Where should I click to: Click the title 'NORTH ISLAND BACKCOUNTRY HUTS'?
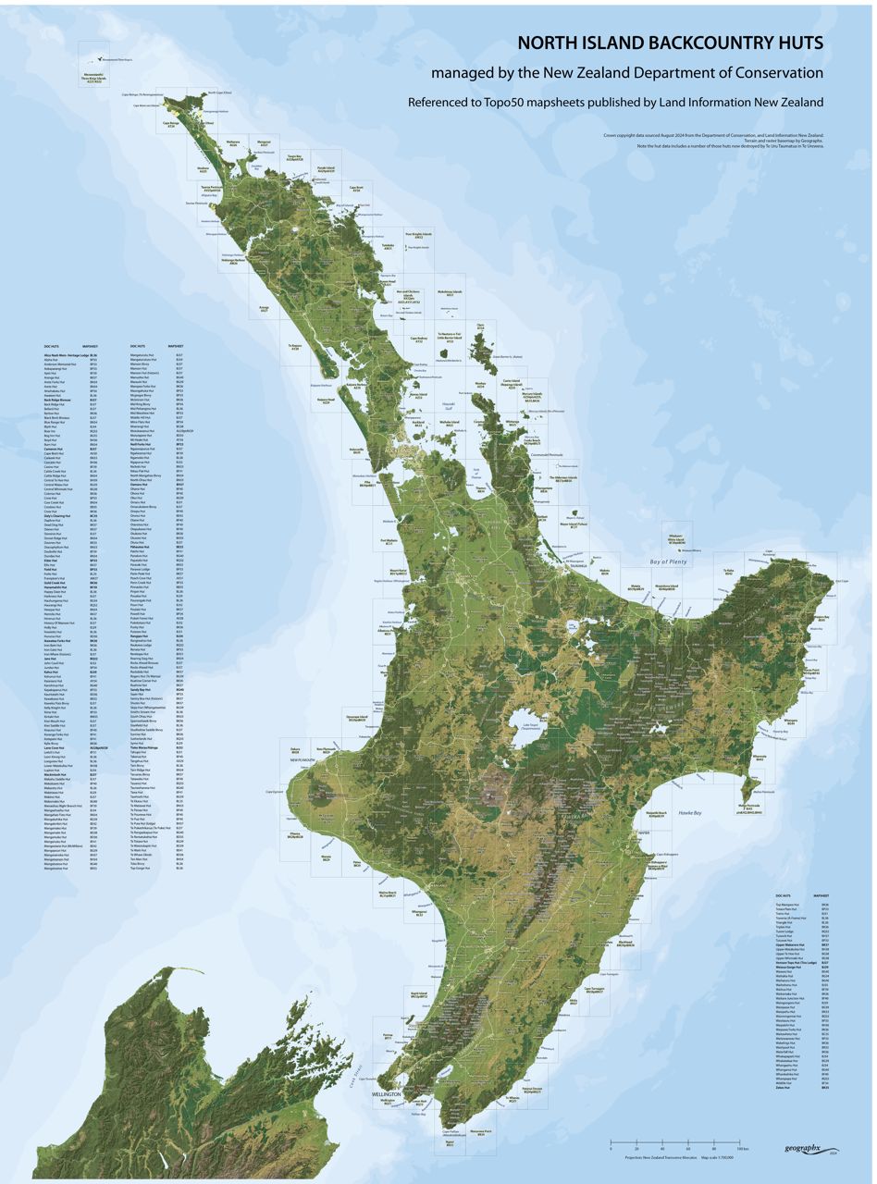click(x=669, y=43)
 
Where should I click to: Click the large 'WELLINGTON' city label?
click(x=386, y=1094)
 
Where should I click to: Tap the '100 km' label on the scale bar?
click(x=741, y=1149)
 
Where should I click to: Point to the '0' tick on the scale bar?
click(x=611, y=1149)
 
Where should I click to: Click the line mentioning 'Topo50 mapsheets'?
click(x=615, y=102)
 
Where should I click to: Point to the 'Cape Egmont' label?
click(x=275, y=792)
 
